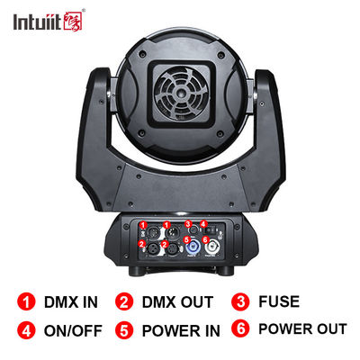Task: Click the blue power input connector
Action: (192, 247)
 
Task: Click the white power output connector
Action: (212, 247)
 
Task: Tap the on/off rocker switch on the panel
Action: (212, 230)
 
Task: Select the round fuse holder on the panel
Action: (194, 230)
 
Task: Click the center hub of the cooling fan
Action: (182, 94)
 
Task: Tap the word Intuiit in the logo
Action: (37, 22)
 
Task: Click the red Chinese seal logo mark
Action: (73, 21)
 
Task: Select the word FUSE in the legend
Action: (279, 301)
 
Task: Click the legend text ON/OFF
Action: (73, 330)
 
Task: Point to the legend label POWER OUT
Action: (302, 328)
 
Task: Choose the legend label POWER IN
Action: (181, 330)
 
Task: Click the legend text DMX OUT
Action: (177, 302)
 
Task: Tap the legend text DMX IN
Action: (71, 302)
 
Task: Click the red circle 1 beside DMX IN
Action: (26, 302)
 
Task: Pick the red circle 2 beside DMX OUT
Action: (124, 302)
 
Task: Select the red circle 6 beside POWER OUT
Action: (240, 328)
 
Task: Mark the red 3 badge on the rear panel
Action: (188, 224)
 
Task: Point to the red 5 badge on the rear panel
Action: (187, 239)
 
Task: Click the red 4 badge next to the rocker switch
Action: (203, 224)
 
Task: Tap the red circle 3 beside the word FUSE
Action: (240, 301)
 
